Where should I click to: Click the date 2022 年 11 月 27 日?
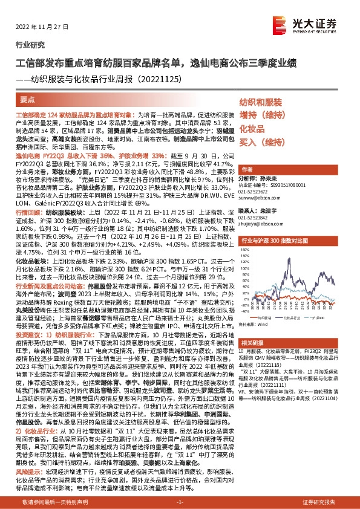[x=39, y=29]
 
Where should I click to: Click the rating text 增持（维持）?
[x=260, y=115]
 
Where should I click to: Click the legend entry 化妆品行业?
[x=295, y=317]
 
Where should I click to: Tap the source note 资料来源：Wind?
[x=257, y=323]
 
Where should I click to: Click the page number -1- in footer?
[x=179, y=502]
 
